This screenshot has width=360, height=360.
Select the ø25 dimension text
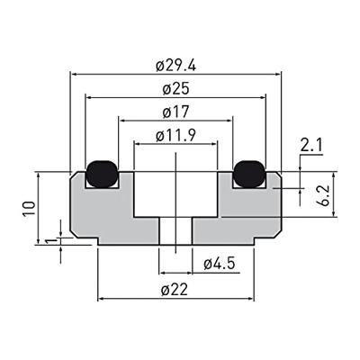(x=175, y=89)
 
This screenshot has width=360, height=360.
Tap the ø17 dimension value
(x=175, y=112)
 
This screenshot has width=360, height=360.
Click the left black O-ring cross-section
(x=103, y=171)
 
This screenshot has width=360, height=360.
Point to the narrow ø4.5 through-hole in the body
(x=175, y=229)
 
